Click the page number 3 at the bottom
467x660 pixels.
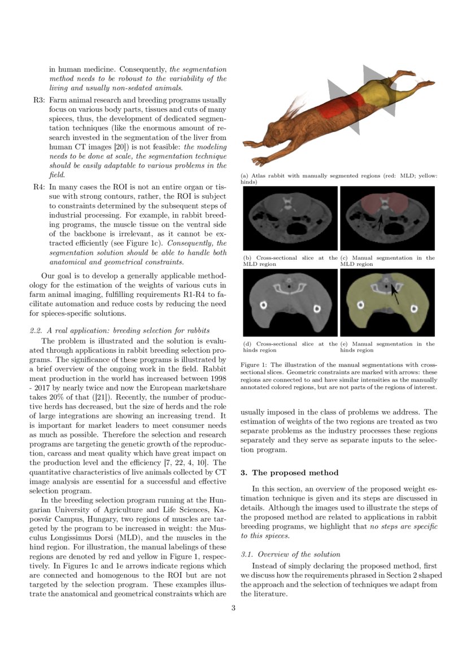click(x=233, y=608)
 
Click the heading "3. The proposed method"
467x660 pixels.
click(x=281, y=473)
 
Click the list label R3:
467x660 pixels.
click(x=38, y=100)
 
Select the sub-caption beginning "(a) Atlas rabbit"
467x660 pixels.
click(x=339, y=179)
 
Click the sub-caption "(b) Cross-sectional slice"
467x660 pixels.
click(x=290, y=261)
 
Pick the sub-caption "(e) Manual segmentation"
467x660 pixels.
click(x=387, y=347)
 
